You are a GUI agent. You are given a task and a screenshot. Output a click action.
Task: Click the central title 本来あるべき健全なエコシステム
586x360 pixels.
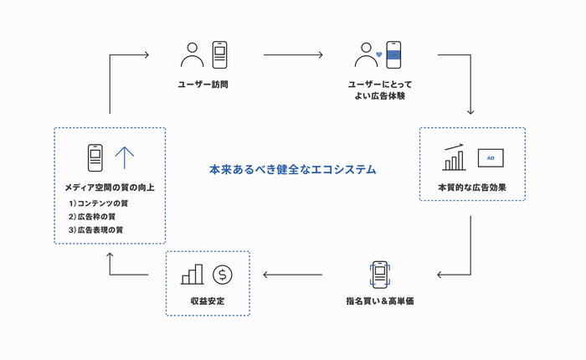[292, 170]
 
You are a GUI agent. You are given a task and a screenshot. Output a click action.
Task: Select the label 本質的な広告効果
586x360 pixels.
[471, 187]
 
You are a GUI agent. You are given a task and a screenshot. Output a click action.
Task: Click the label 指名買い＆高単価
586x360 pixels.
[380, 300]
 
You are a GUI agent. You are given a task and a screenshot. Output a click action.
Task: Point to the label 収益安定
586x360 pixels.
[208, 300]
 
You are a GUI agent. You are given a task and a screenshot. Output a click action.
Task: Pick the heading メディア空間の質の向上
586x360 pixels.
[109, 187]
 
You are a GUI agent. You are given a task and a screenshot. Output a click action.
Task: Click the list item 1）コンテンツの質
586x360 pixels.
[104, 203]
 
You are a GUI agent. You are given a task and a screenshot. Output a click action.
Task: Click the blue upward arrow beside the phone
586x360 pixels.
[124, 157]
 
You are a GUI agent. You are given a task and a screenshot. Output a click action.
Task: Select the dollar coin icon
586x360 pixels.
[222, 274]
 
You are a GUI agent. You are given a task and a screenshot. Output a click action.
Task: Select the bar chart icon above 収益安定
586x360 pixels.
[192, 274]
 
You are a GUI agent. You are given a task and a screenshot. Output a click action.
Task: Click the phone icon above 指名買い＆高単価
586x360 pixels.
[379, 274]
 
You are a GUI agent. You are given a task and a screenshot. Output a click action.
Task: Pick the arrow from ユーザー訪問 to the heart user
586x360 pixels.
[293, 56]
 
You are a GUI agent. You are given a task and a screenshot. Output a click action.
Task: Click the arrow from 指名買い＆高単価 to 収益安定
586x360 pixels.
[293, 274]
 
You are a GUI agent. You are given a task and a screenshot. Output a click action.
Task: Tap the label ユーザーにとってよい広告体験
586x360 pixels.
[379, 90]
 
